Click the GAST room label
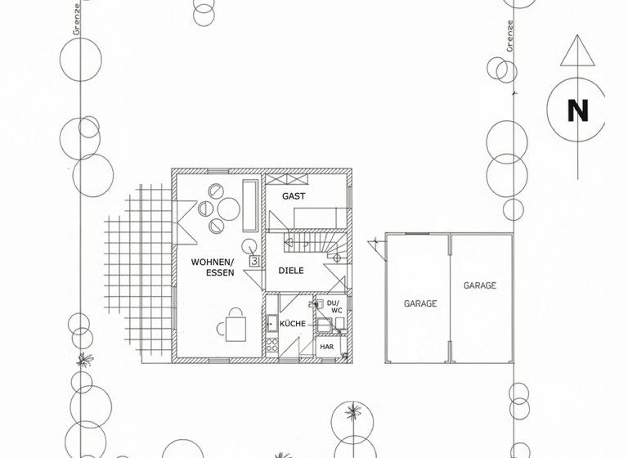click(294, 196)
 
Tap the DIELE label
click(292, 271)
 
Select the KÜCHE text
click(293, 324)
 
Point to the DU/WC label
click(334, 307)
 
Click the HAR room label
click(327, 347)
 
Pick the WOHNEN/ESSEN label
click(213, 267)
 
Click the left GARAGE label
click(420, 303)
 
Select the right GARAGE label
click(480, 285)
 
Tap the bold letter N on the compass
click(577, 110)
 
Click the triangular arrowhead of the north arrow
click(577, 51)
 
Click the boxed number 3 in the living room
click(254, 262)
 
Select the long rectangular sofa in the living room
click(250, 205)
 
